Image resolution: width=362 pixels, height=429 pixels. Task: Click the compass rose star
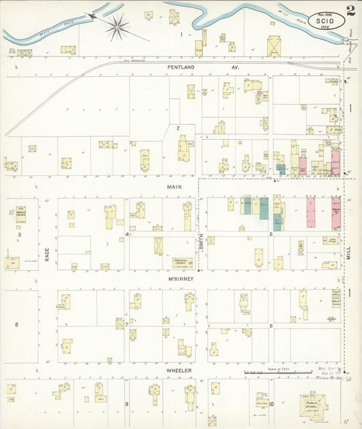pos(117,26)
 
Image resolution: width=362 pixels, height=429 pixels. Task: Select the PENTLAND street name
pos(181,69)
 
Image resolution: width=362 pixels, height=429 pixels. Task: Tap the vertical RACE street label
pos(48,254)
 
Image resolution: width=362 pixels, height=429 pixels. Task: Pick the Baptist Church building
pos(20,214)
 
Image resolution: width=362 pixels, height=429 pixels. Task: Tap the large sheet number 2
pos(349,10)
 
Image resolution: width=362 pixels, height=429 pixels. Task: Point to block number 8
pos(17,324)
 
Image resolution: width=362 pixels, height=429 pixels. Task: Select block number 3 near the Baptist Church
pos(19,234)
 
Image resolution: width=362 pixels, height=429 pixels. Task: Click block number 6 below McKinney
pos(271,326)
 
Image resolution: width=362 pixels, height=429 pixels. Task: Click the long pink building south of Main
pos(310,212)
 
